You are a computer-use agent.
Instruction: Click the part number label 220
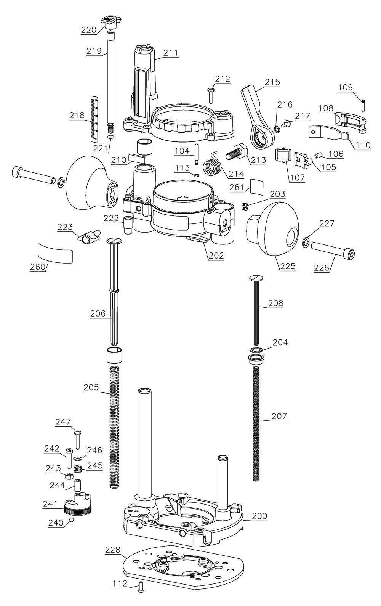[x=88, y=30]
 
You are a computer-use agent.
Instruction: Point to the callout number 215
[x=272, y=82]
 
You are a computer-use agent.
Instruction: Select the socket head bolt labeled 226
[x=335, y=248]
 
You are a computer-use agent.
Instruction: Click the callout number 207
[x=279, y=416]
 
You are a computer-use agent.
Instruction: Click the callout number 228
[x=112, y=550]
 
